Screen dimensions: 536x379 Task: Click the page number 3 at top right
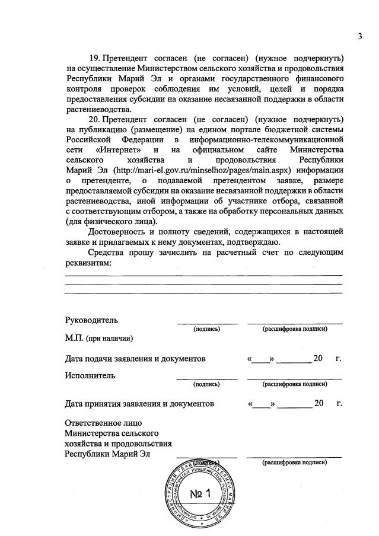(x=359, y=37)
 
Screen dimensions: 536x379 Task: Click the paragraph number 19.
(x=95, y=58)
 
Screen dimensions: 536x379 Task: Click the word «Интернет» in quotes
(x=114, y=149)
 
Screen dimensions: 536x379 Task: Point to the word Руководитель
(x=91, y=320)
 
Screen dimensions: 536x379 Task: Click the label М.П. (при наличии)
(x=98, y=339)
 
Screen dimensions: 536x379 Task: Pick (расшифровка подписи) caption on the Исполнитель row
(x=295, y=384)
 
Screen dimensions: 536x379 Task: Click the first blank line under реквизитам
(x=203, y=275)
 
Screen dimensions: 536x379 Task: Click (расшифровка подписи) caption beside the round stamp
(x=295, y=462)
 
